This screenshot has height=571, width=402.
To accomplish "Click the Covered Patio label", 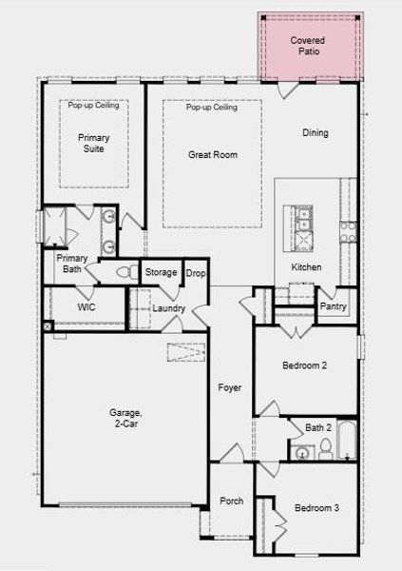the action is [307, 46].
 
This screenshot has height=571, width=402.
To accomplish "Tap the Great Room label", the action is [213, 155].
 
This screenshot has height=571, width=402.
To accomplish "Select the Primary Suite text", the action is [94, 143].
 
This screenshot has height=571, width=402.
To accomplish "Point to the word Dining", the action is [316, 133].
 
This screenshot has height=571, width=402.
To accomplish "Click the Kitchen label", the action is [306, 267].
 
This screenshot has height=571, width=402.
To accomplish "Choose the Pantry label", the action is [334, 306].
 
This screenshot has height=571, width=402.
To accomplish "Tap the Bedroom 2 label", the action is [304, 365].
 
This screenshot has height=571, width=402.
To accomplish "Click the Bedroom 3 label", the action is [316, 507].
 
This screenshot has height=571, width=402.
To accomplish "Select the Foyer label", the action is [230, 388].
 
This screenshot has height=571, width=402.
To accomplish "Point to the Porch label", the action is [231, 502].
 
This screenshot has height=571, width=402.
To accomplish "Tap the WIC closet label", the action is [86, 307].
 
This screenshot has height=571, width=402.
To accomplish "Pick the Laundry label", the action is [169, 308].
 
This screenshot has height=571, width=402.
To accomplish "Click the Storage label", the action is [161, 272].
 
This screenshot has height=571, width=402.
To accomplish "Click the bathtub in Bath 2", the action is [347, 440].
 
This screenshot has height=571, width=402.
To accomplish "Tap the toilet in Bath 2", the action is [326, 449].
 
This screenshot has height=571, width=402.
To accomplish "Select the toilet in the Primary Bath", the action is [127, 272].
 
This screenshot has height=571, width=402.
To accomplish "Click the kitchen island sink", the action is [303, 220].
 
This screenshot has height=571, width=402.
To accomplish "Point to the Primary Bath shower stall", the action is [55, 226].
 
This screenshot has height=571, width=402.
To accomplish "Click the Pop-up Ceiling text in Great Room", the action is [212, 107].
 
